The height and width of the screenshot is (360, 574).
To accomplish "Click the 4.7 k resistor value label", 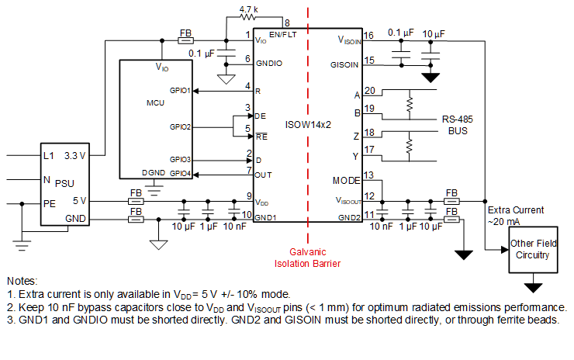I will coord(248,9).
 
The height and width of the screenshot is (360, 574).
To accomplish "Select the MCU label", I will coord(155,102).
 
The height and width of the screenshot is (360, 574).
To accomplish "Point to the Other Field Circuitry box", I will coord(532,249).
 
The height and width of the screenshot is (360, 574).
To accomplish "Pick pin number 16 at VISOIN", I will coord(368,36).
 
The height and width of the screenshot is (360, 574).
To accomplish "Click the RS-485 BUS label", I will coord(457,126).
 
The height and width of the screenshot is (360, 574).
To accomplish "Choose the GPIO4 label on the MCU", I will coord(180,172).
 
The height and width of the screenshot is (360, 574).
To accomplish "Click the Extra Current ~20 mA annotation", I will coord(516,216).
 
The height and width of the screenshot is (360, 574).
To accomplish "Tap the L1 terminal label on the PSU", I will coord(49,156).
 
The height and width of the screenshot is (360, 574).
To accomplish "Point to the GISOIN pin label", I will coord(344,64).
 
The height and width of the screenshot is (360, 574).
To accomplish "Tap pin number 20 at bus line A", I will coord(369,91).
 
